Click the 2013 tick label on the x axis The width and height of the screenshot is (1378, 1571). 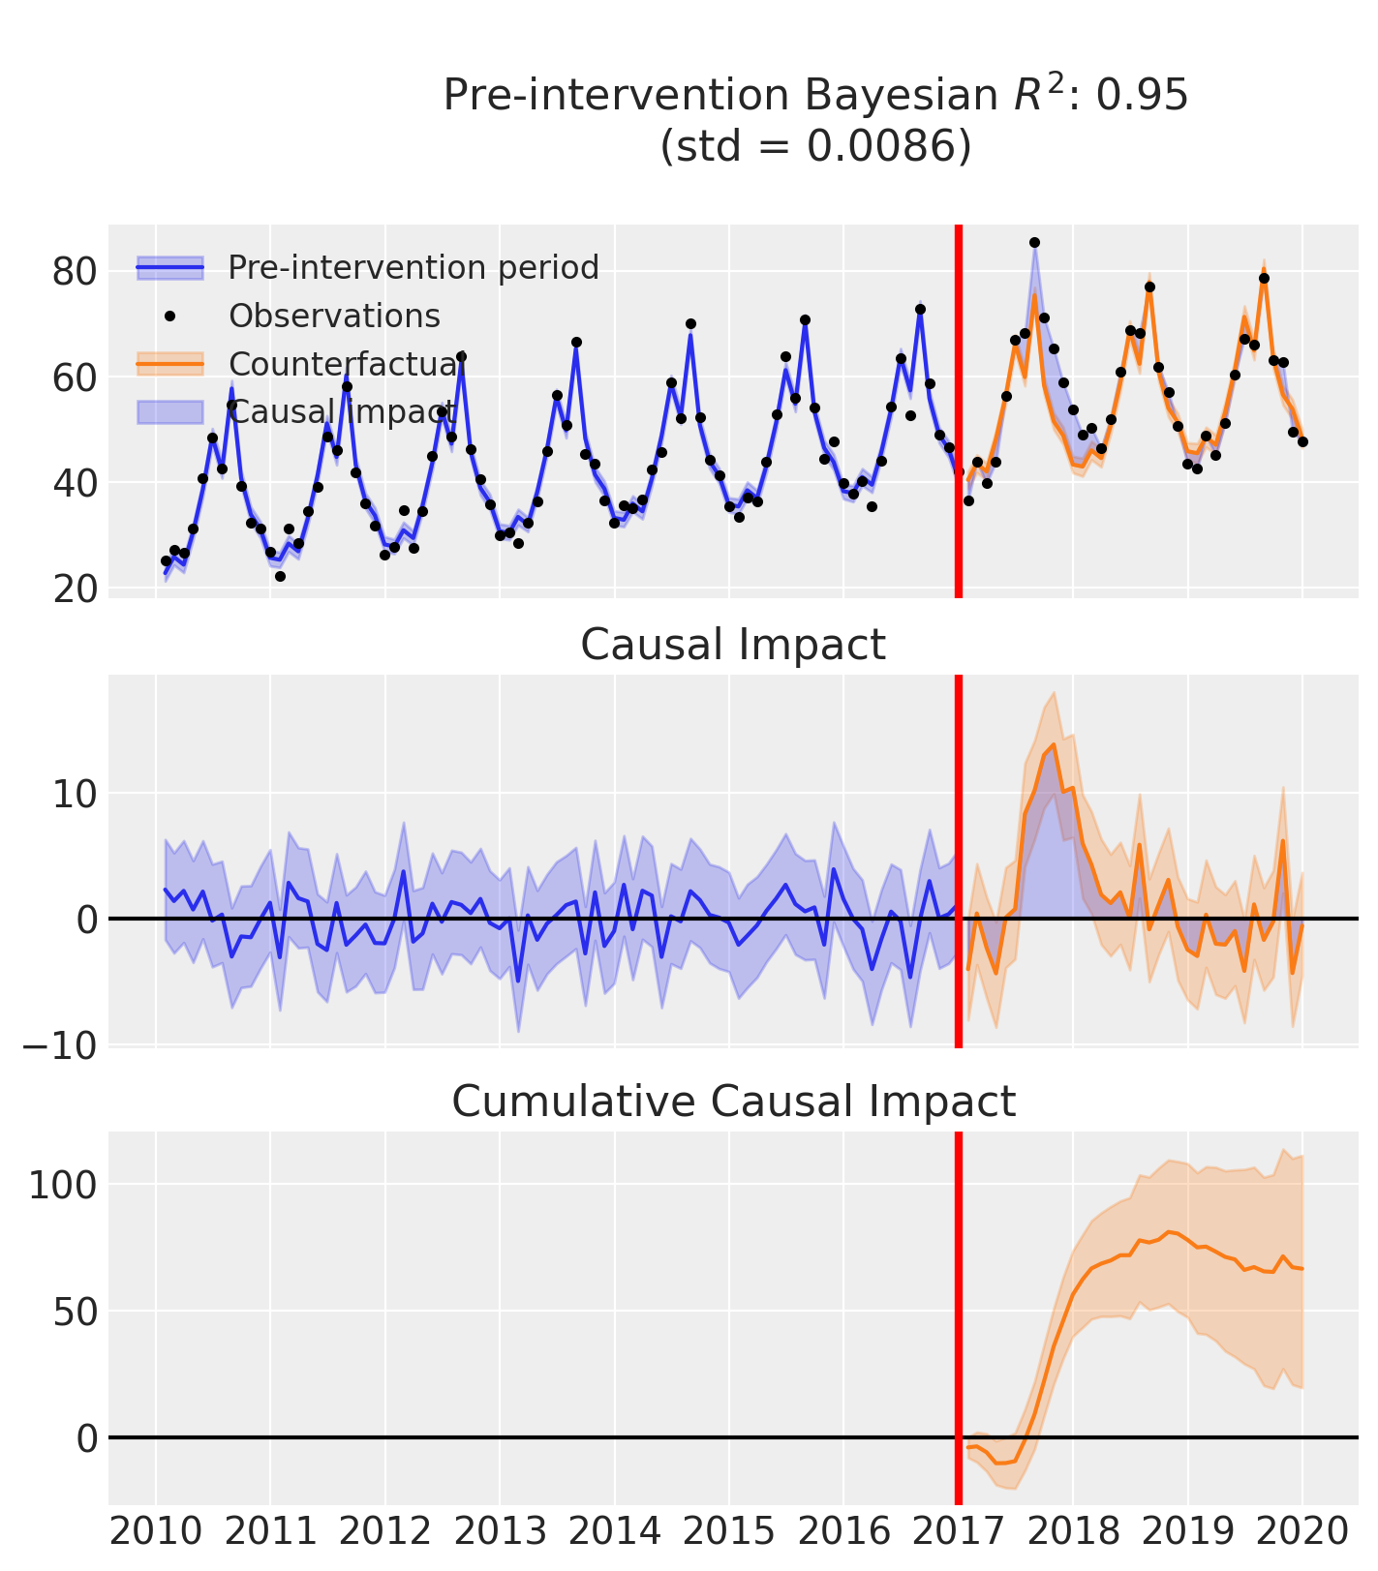500,1532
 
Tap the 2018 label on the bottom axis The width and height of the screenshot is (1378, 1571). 1073,1532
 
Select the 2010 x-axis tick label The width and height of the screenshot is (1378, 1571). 156,1532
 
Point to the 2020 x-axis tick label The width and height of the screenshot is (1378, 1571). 1301,1532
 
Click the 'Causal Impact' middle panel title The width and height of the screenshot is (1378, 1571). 733,645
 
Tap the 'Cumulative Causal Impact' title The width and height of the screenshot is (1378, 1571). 733,1102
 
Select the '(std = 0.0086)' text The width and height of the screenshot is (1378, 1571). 815,146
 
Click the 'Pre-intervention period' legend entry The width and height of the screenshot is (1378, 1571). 413,267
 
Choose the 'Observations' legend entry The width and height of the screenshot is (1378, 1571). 334,316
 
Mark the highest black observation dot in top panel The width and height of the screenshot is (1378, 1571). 1034,242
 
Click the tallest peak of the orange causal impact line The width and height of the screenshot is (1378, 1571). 1054,744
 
